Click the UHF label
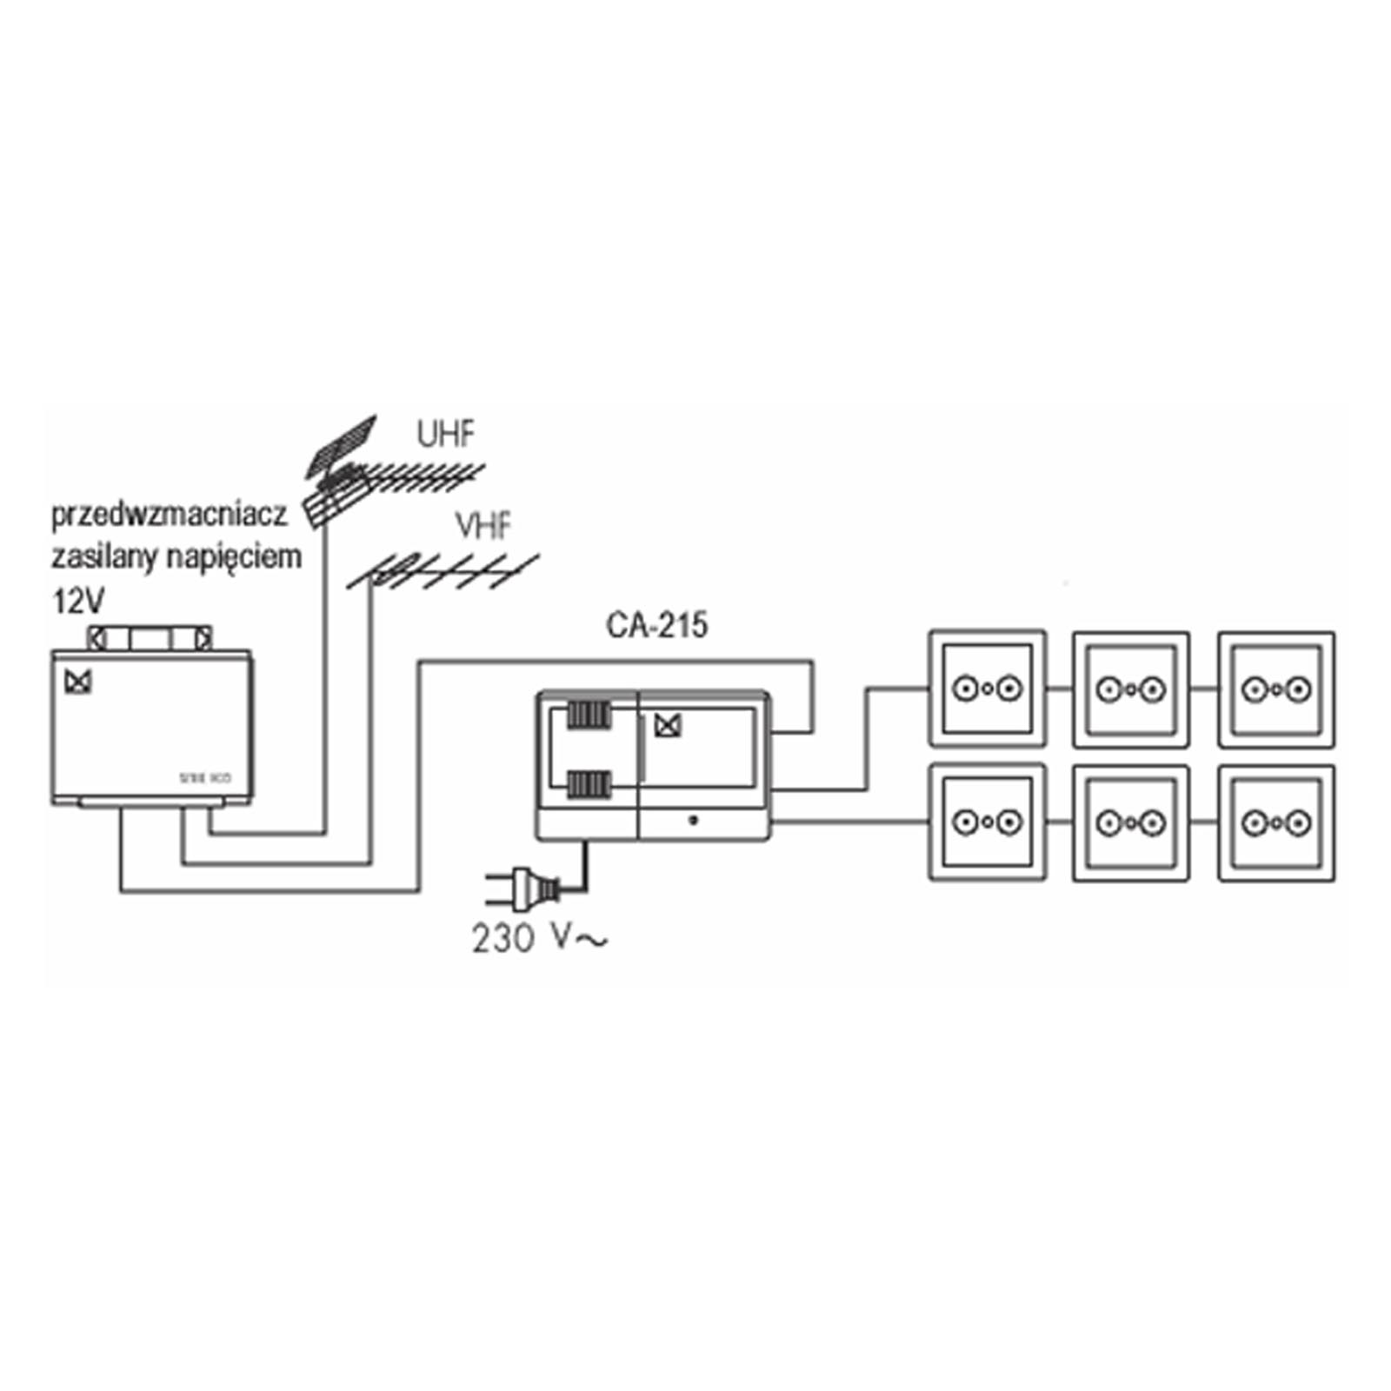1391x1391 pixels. point(446,434)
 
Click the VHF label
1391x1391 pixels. point(483,526)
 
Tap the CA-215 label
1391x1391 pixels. point(656,625)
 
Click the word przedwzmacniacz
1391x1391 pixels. point(170,515)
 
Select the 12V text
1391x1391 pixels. point(78,601)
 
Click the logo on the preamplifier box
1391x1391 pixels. point(78,682)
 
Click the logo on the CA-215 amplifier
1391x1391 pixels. point(667,725)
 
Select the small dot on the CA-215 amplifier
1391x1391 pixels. point(693,820)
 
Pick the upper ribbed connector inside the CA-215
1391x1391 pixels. point(589,715)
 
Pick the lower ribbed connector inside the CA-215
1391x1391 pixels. point(589,784)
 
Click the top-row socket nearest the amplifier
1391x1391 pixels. point(987,689)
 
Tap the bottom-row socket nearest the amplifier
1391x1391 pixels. point(987,822)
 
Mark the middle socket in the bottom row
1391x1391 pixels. point(1131,822)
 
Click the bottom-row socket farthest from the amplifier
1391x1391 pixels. point(1276,822)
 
